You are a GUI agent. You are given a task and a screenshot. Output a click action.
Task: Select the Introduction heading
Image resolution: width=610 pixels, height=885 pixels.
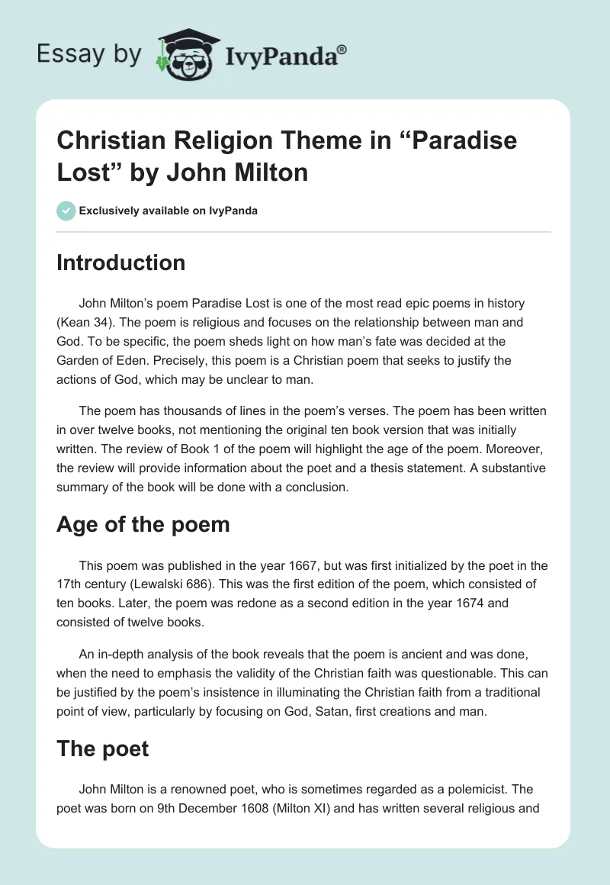(120, 262)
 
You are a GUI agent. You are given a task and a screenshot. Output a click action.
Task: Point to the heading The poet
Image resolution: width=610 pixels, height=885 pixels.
(102, 748)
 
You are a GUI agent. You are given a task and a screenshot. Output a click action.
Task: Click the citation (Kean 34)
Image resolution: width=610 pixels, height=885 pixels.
(90, 322)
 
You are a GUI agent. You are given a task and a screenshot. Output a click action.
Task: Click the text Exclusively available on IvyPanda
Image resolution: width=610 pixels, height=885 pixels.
(168, 211)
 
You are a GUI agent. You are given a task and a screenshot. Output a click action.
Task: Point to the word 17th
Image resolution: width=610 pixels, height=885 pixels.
(71, 584)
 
